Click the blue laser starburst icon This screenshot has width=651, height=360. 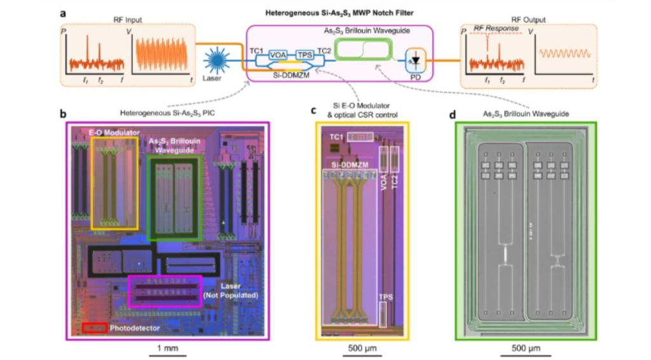[x=217, y=63]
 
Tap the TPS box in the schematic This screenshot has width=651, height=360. [x=305, y=55]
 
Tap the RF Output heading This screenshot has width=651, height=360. [x=529, y=20]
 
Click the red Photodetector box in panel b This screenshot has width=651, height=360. [x=94, y=328]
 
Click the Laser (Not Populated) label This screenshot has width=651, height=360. [x=232, y=291]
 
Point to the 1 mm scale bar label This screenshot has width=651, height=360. [x=167, y=349]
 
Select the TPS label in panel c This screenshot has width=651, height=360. [x=383, y=297]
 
